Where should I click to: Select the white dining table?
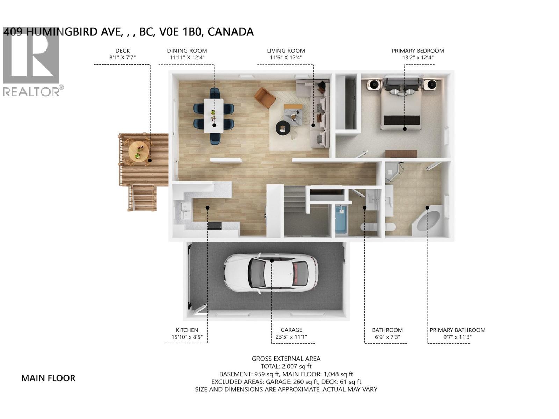click(213, 116)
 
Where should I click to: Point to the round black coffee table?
click(283, 128)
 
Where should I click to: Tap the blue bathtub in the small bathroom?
click(341, 220)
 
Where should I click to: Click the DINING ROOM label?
click(187, 51)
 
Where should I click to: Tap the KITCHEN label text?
click(187, 330)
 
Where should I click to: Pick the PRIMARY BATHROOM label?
click(457, 330)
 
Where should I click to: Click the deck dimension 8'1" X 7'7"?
click(122, 58)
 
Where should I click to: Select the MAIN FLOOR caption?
click(48, 378)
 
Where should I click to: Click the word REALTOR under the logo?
click(31, 92)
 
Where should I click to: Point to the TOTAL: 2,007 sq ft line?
click(286, 366)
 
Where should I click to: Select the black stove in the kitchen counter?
click(214, 226)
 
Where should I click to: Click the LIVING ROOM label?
click(286, 51)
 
